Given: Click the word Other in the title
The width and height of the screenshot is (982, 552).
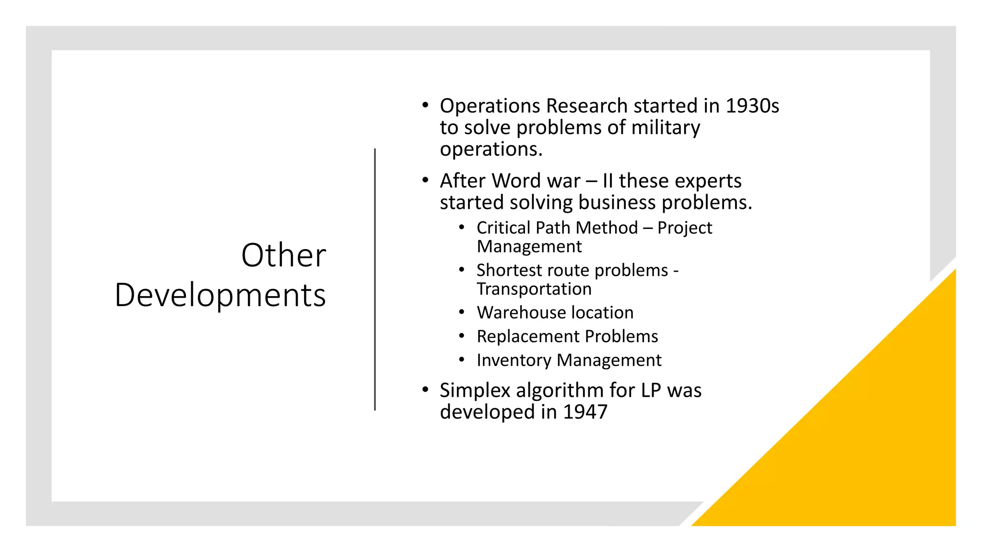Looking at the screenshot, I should (283, 255).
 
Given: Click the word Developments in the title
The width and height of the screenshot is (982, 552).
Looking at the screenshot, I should (220, 295).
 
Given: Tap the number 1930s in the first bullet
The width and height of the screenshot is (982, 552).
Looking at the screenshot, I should (752, 106).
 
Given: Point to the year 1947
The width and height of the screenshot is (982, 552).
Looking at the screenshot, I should (585, 412).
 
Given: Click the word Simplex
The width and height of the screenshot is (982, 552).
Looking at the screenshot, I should (475, 391).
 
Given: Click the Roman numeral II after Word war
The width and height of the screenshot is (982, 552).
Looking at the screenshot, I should (608, 181).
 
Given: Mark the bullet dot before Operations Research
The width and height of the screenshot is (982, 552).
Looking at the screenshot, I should (425, 105).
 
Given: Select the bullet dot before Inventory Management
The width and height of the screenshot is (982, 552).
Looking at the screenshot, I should (461, 360).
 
